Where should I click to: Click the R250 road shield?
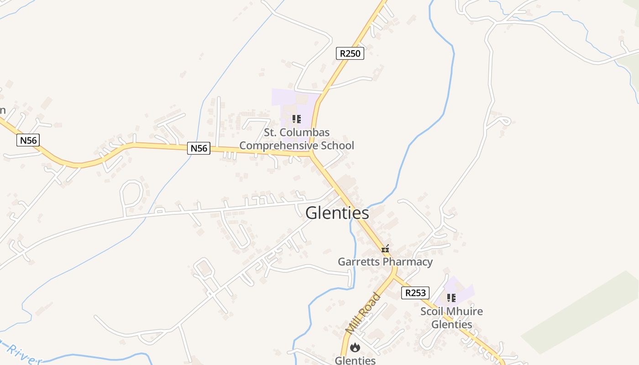(350, 53)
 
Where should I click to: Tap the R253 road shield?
(415, 293)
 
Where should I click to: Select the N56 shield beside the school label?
(199, 148)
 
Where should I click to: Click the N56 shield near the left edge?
(28, 140)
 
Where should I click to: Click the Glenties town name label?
(337, 213)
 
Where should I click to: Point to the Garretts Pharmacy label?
(385, 262)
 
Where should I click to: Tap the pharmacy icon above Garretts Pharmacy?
(386, 249)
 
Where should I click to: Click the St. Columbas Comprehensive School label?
(297, 139)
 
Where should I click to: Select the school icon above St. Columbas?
(297, 120)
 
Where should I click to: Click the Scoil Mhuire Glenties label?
(451, 318)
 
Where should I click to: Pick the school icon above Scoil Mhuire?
(451, 298)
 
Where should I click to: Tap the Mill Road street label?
(362, 313)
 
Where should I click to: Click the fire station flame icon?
(355, 348)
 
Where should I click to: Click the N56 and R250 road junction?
(312, 155)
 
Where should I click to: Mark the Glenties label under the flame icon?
(355, 360)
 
